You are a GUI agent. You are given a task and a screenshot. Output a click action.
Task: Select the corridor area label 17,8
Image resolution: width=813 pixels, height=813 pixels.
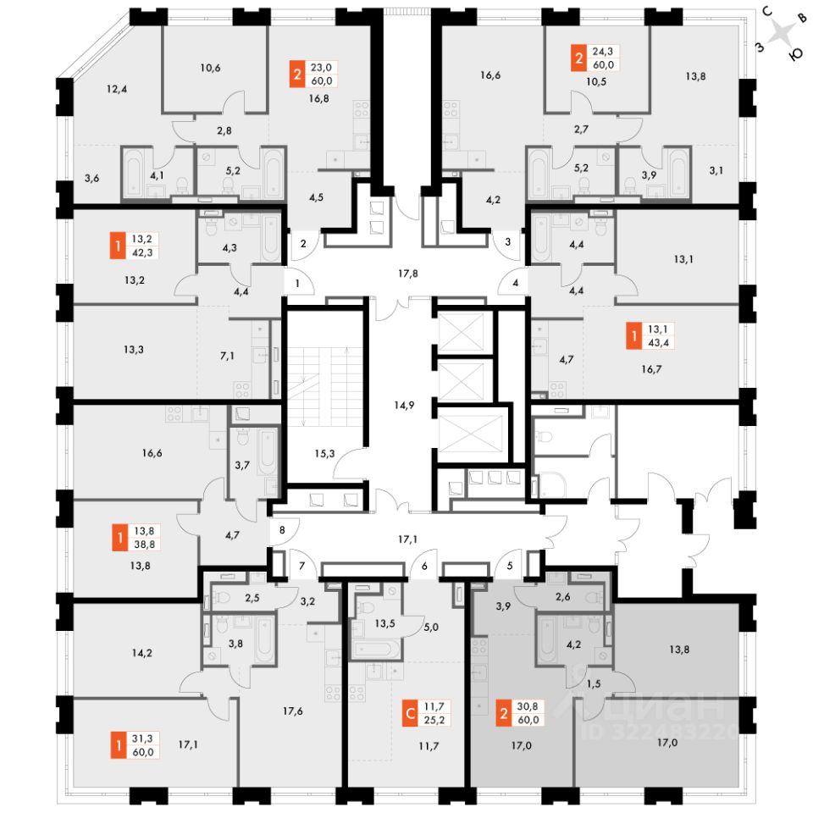pos(409,274)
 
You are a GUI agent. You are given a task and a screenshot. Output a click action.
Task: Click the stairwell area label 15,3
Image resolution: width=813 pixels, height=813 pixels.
pos(325,454)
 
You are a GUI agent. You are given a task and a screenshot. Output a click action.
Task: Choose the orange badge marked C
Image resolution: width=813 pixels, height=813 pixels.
pos(410,713)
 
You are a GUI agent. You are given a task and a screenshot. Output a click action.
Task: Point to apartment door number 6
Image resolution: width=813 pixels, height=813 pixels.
pos(424,566)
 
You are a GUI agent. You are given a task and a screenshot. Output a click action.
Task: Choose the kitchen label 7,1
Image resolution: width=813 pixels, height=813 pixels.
pos(227,357)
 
